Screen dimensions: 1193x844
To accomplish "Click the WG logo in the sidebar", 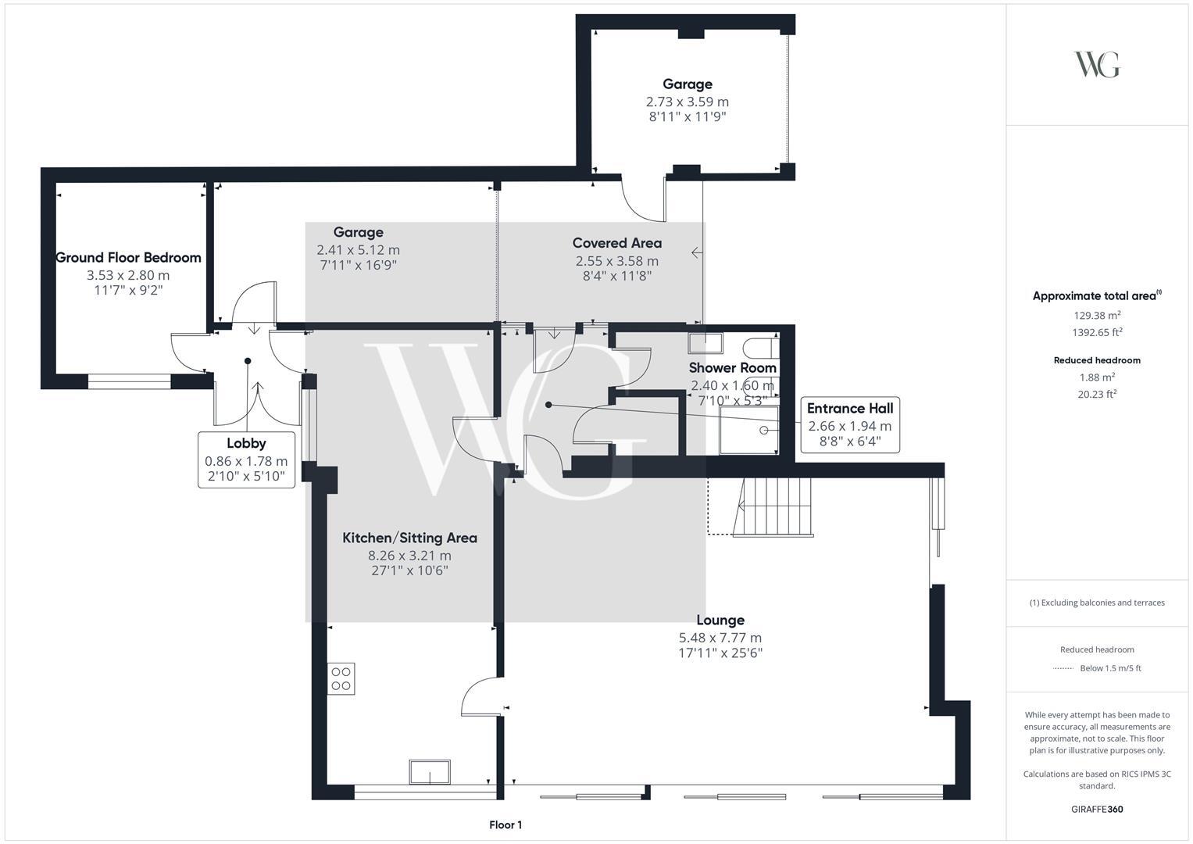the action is (x=1097, y=64).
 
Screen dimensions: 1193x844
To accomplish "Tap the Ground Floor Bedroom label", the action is (x=128, y=258).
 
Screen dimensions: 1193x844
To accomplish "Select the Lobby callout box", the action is (x=246, y=460).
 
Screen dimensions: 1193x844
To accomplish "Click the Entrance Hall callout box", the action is (x=850, y=424).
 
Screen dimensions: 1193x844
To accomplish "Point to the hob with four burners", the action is (x=341, y=679).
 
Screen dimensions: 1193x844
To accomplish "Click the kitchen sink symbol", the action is (x=430, y=772).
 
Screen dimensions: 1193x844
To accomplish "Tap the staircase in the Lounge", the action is (x=773, y=506).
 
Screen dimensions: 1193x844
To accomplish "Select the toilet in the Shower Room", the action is (x=760, y=349).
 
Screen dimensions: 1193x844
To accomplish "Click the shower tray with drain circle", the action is (x=749, y=430).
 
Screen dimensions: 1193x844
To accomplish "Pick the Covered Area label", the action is (x=616, y=243).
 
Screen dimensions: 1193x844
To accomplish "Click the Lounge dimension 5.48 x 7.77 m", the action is (x=720, y=638).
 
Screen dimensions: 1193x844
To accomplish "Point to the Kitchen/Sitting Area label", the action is (x=409, y=538).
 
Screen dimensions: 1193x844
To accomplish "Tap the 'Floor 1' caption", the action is (x=505, y=824).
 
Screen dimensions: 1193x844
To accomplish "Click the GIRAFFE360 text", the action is (x=1097, y=810).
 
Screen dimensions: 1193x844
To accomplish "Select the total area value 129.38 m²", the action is (x=1097, y=315).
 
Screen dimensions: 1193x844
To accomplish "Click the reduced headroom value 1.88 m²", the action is (x=1097, y=377).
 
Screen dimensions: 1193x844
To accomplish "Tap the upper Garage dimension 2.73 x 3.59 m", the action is (x=688, y=102).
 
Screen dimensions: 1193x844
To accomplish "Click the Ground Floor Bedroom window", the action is (x=130, y=381).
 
